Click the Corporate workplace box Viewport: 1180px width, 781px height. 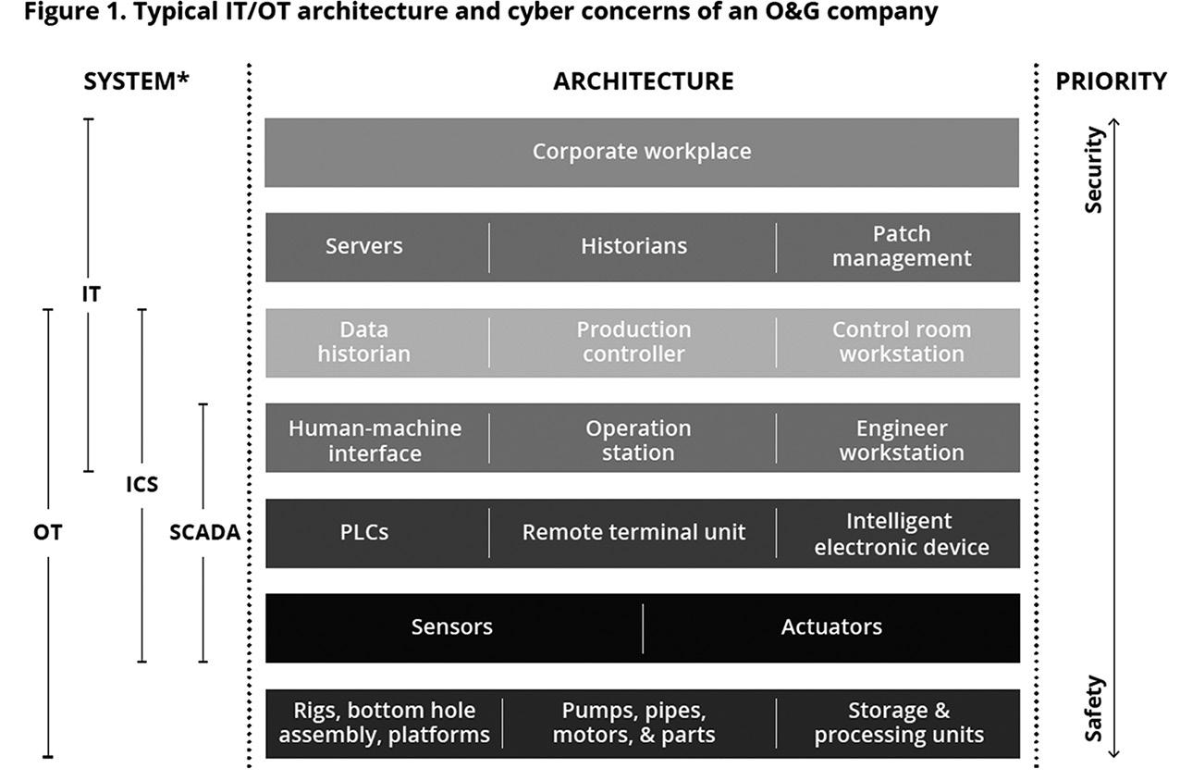[x=642, y=152]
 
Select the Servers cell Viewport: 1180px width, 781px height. [x=364, y=246]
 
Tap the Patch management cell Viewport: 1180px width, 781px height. [x=901, y=246]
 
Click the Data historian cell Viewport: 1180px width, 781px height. [x=364, y=342]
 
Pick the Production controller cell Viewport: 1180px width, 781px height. [x=633, y=342]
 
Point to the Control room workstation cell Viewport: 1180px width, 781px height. [x=901, y=342]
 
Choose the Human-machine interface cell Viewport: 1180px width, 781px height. [x=375, y=440]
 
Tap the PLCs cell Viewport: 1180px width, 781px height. [x=364, y=532]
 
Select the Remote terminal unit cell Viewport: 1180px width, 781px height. [x=633, y=532]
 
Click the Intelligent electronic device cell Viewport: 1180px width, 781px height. [x=901, y=534]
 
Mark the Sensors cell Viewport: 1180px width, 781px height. [x=451, y=627]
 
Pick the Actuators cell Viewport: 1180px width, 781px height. [x=831, y=627]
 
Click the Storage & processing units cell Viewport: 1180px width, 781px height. [x=899, y=724]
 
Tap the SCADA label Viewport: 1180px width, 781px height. [x=204, y=533]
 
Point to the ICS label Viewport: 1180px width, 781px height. [x=142, y=484]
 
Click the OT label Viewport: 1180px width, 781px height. [x=48, y=533]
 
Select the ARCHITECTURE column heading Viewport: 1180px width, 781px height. [x=643, y=81]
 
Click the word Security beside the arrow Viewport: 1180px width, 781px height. [x=1095, y=171]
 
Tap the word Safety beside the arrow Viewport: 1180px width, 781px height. [x=1095, y=708]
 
